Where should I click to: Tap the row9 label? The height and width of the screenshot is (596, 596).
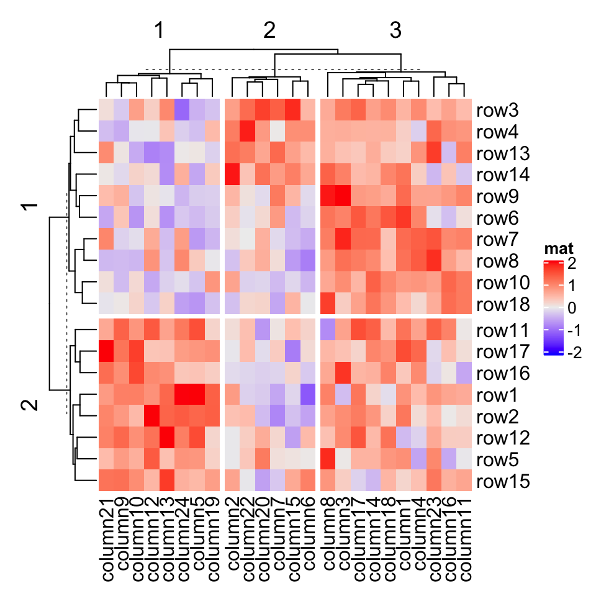click(x=497, y=197)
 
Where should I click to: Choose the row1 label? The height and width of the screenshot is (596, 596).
click(x=497, y=395)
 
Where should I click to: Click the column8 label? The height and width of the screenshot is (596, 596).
click(x=326, y=534)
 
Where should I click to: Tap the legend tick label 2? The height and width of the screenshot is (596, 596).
click(x=572, y=264)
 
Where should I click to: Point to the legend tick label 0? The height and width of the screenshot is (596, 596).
click(x=572, y=309)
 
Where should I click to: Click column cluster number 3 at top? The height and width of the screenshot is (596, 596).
click(x=395, y=30)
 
